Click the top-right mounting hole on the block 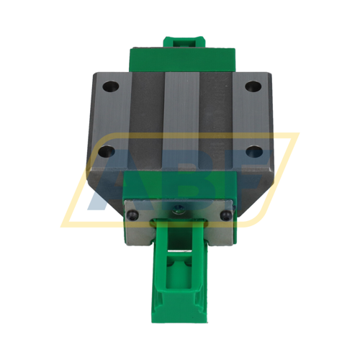tap(251, 86)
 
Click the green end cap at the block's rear tap(179, 58)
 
